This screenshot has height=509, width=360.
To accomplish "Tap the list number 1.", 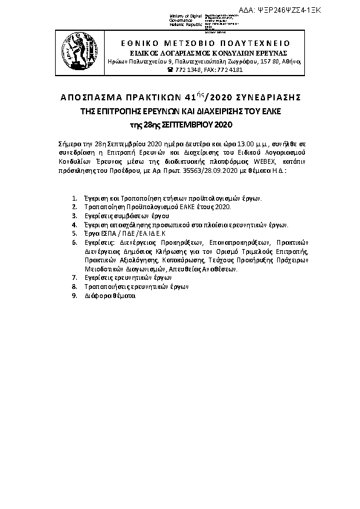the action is pyautogui.click(x=74, y=198).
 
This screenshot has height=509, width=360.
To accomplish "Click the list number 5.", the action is pyautogui.click(x=74, y=232).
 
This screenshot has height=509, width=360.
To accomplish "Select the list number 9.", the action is pyautogui.click(x=74, y=296).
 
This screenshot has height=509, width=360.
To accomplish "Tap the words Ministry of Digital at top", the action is pyautogui.click(x=187, y=15).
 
